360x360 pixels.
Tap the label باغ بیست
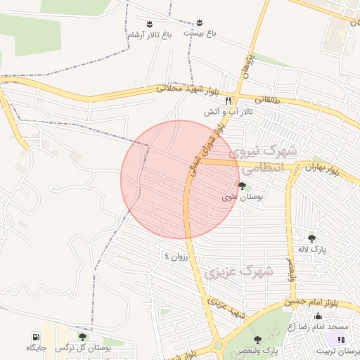[200, 33]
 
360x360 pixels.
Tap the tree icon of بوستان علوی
[243, 186]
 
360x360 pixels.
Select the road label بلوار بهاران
[323, 169]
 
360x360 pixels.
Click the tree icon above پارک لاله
[311, 238]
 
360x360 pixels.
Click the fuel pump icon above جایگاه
[36, 337]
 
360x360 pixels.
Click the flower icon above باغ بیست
[200, 22]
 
